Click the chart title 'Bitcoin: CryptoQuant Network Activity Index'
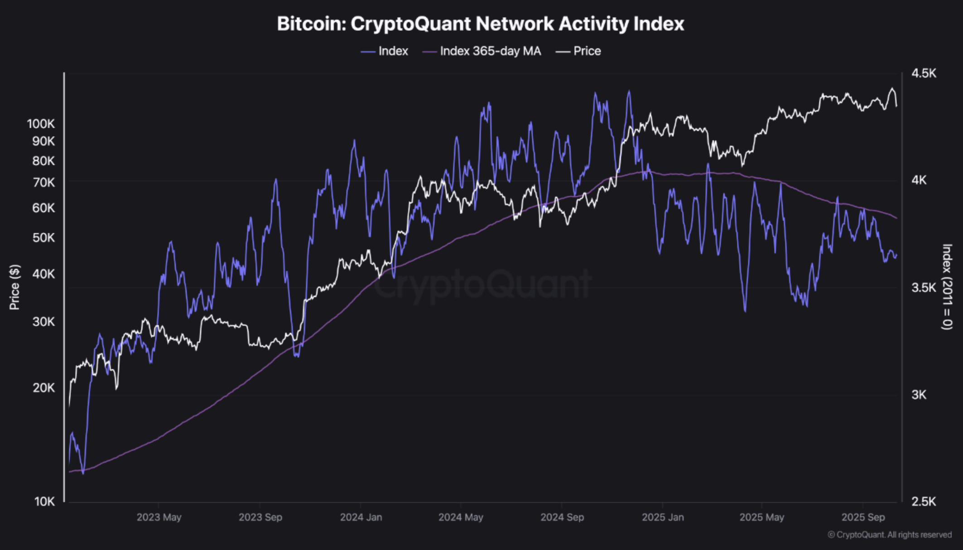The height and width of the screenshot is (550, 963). (x=481, y=24)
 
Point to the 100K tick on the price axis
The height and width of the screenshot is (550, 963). (x=41, y=124)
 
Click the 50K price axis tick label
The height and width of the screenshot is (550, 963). (x=43, y=238)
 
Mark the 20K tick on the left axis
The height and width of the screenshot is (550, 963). (x=43, y=388)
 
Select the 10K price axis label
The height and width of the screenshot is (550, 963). (x=44, y=502)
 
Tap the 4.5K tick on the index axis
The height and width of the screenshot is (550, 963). (x=924, y=73)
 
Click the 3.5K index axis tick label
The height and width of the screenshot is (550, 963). (x=924, y=288)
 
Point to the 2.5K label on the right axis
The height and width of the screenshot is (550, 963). (x=924, y=502)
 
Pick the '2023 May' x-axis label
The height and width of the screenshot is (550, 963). (x=159, y=517)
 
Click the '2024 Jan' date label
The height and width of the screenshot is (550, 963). (x=361, y=517)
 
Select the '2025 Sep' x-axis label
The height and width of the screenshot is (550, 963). (x=863, y=517)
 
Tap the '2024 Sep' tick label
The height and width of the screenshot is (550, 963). (x=562, y=517)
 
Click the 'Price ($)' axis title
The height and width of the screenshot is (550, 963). (x=14, y=287)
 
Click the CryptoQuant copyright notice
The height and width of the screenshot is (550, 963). (x=890, y=535)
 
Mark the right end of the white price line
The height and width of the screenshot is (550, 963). (x=896, y=106)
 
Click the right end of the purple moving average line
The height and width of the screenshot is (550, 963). (x=896, y=218)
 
